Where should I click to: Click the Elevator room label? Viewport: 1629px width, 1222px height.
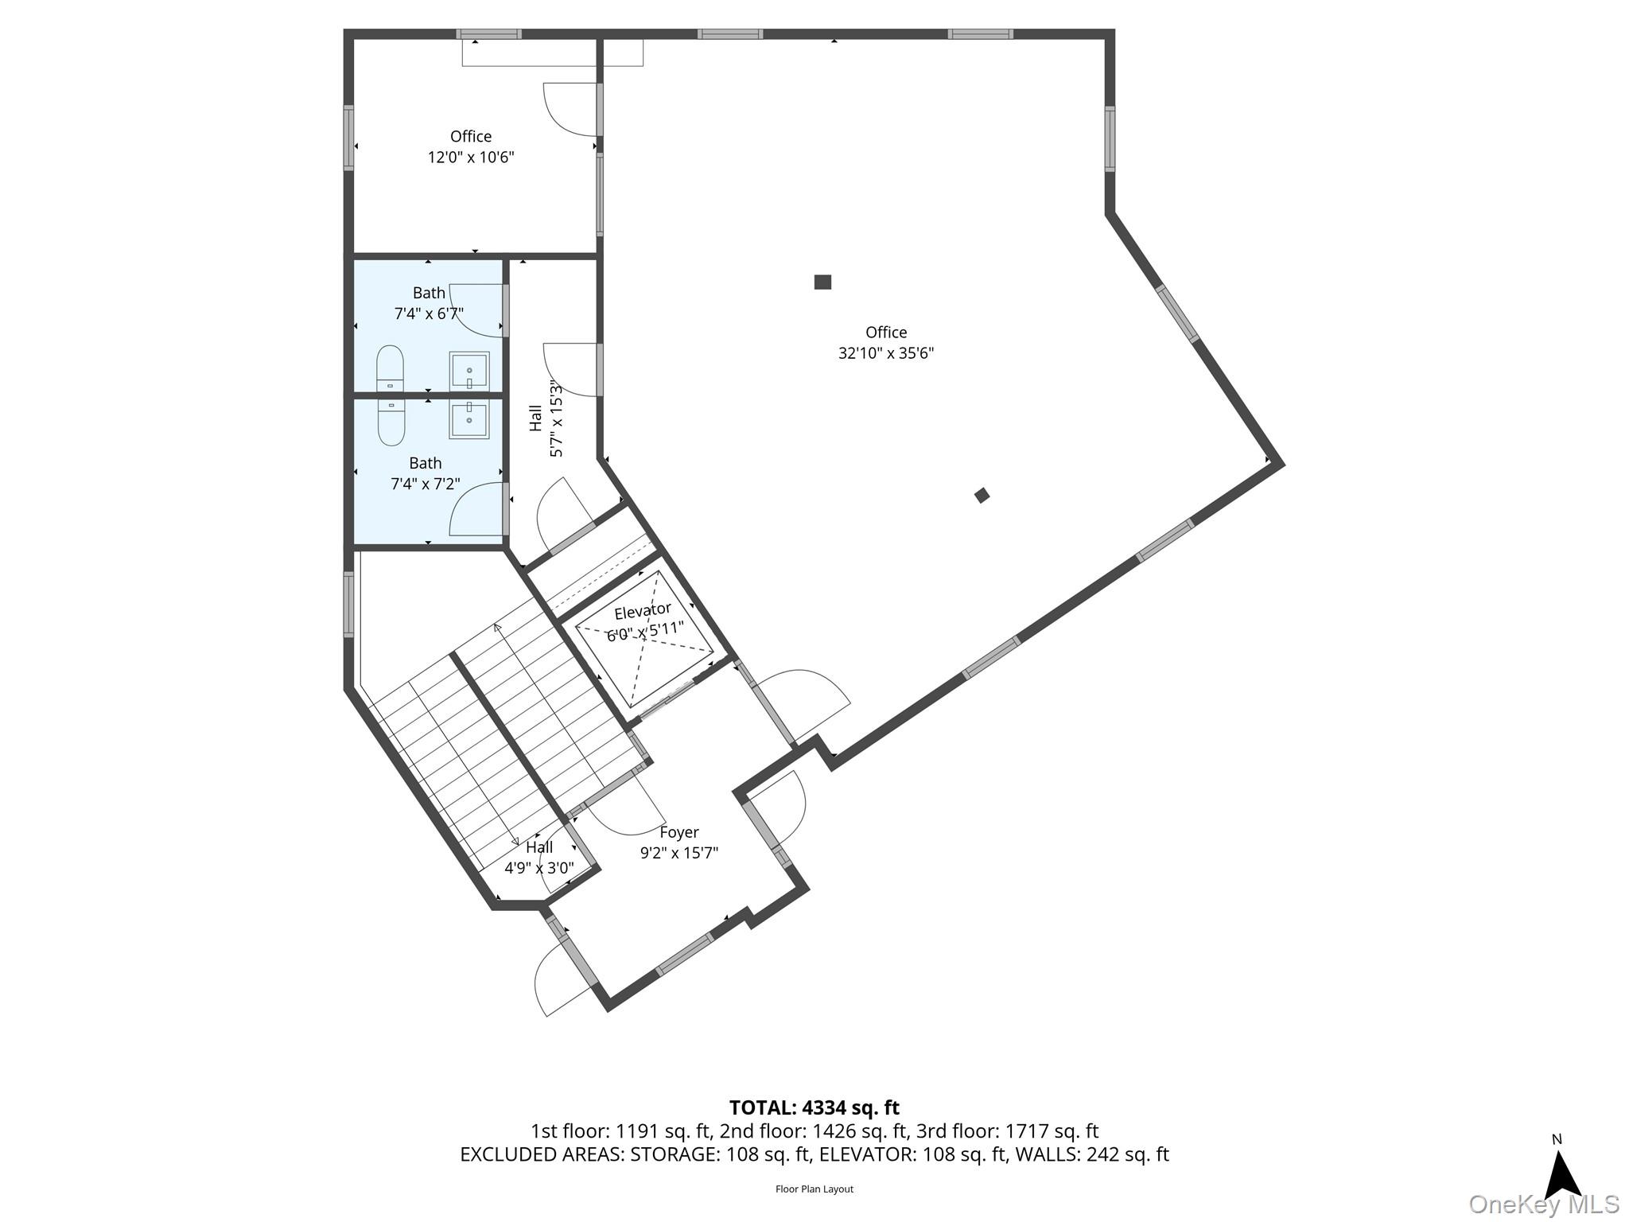pyautogui.click(x=643, y=611)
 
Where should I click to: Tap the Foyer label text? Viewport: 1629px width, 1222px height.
pyautogui.click(x=679, y=832)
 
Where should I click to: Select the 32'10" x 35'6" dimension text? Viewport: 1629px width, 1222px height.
pyautogui.click(x=886, y=353)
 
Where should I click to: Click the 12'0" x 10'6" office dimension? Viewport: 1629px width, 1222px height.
pyautogui.click(x=471, y=157)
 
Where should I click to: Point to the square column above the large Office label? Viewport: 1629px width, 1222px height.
pyautogui.click(x=822, y=282)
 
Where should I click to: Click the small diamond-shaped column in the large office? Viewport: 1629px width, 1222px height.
pyautogui.click(x=982, y=495)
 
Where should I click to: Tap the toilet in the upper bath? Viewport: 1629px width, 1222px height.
pyautogui.click(x=390, y=368)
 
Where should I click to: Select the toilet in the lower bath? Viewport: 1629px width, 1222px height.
pyautogui.click(x=391, y=422)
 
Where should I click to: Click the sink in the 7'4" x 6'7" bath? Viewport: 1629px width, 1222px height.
pyautogui.click(x=469, y=372)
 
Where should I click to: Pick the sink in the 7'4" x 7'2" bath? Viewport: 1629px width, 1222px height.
pyautogui.click(x=469, y=418)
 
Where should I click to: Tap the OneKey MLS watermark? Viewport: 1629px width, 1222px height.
pyautogui.click(x=1543, y=1204)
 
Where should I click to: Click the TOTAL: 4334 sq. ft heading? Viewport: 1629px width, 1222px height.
pyautogui.click(x=814, y=1107)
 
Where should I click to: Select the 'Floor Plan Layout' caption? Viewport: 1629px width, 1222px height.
pyautogui.click(x=814, y=1189)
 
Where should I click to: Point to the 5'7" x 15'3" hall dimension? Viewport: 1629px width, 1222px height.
pyautogui.click(x=556, y=420)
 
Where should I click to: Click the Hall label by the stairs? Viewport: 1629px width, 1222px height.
pyautogui.click(x=539, y=847)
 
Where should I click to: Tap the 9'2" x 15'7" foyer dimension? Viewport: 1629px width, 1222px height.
pyautogui.click(x=679, y=853)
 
